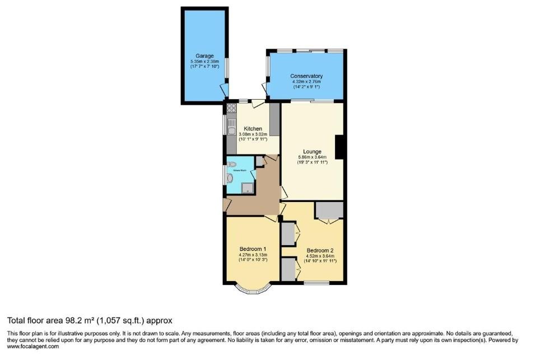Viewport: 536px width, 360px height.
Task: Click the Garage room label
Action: pos(202,56)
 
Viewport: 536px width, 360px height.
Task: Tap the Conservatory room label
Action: pos(306,76)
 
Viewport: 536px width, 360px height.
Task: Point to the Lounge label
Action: pos(312,152)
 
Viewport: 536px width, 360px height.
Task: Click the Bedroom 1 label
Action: pos(253,249)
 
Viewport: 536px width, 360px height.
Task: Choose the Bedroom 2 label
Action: pos(320,251)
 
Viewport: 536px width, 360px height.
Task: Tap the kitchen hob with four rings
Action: pos(231,110)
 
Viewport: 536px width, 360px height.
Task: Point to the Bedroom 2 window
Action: pos(317,282)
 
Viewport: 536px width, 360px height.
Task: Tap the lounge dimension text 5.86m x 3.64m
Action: pos(312,158)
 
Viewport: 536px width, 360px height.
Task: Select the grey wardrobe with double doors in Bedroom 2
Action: pos(328,210)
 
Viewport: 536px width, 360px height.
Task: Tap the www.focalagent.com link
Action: pos(33,347)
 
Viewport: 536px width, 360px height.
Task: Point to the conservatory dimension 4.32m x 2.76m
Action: pos(306,82)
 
